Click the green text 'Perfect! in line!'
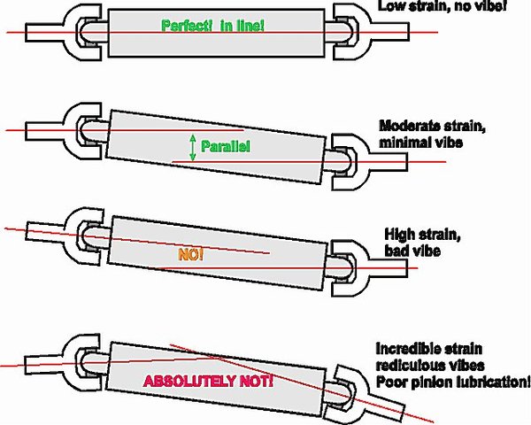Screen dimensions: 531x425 (212, 26)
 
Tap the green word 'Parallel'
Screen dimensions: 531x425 (226, 146)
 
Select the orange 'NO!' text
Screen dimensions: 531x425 (190, 254)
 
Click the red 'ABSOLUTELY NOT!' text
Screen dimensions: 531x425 (208, 382)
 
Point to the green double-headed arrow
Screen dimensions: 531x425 (193, 148)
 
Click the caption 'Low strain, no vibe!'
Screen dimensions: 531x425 (442, 6)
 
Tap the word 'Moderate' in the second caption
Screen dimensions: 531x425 (408, 126)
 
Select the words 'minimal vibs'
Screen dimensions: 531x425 (420, 143)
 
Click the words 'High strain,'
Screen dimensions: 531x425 (423, 234)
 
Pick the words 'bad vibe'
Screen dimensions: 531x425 (412, 251)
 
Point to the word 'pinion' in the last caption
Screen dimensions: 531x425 (431, 382)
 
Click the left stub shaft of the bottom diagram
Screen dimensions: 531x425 (44, 365)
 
